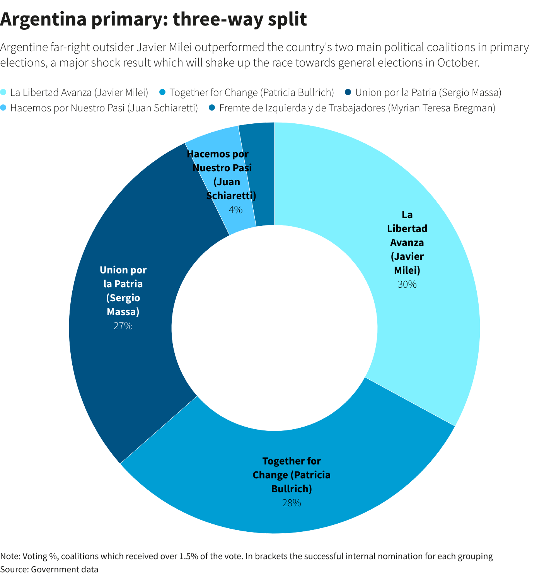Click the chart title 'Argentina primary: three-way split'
(x=153, y=19)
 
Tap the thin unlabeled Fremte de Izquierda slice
(x=263, y=174)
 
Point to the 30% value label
(x=407, y=285)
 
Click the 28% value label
(x=292, y=503)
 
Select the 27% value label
(x=123, y=326)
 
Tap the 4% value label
(x=235, y=210)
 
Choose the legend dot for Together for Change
(x=162, y=92)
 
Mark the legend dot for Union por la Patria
(x=348, y=92)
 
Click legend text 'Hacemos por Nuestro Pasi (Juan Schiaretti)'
(x=104, y=108)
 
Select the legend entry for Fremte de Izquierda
(x=357, y=108)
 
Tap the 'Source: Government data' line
(x=49, y=569)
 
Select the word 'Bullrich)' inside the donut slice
(x=292, y=489)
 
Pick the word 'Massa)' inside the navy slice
(x=123, y=312)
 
